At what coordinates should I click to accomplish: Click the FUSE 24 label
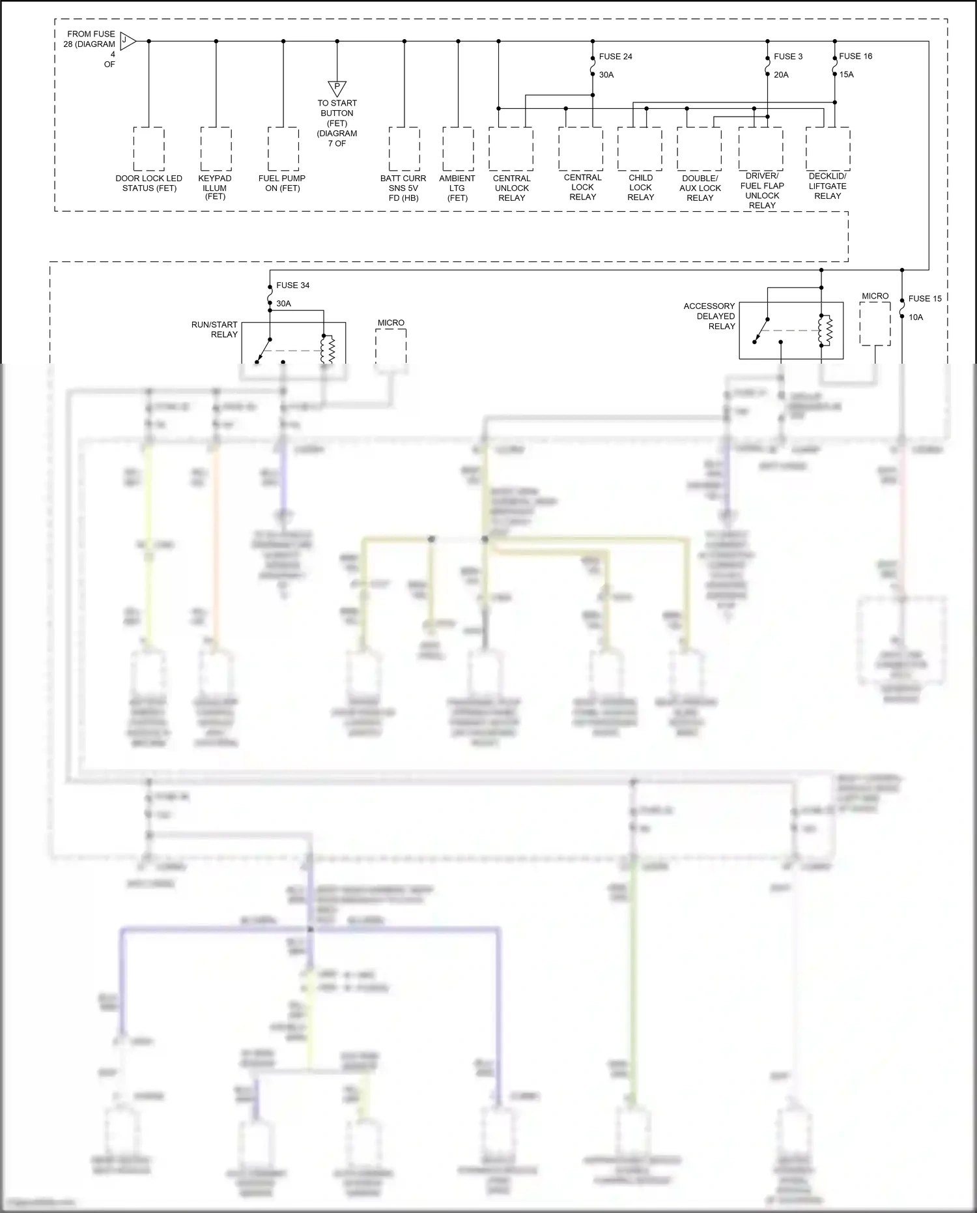click(x=615, y=57)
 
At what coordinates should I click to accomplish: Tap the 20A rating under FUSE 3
click(x=781, y=75)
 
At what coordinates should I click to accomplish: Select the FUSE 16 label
click(x=855, y=56)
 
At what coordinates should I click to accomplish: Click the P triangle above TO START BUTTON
click(x=337, y=88)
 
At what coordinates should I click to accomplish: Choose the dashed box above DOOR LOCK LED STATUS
click(x=149, y=149)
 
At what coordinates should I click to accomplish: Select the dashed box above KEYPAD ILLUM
click(x=216, y=149)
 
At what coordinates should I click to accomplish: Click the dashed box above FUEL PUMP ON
click(x=283, y=149)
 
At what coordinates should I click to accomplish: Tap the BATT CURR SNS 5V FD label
click(x=403, y=188)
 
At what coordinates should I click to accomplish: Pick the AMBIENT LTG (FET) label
click(x=457, y=188)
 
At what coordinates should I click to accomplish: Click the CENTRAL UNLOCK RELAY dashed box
click(x=511, y=149)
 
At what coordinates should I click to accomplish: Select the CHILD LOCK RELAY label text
click(x=640, y=187)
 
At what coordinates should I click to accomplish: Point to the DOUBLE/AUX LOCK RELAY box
click(x=699, y=149)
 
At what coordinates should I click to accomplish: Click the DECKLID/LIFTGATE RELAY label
click(x=827, y=186)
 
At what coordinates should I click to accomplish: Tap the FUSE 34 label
click(x=292, y=285)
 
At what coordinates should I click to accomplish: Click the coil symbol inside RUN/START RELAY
click(x=328, y=349)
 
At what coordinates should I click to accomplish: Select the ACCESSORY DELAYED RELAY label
click(x=709, y=316)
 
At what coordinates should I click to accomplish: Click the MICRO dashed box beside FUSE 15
click(x=874, y=323)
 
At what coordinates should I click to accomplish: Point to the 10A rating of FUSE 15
click(x=916, y=317)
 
